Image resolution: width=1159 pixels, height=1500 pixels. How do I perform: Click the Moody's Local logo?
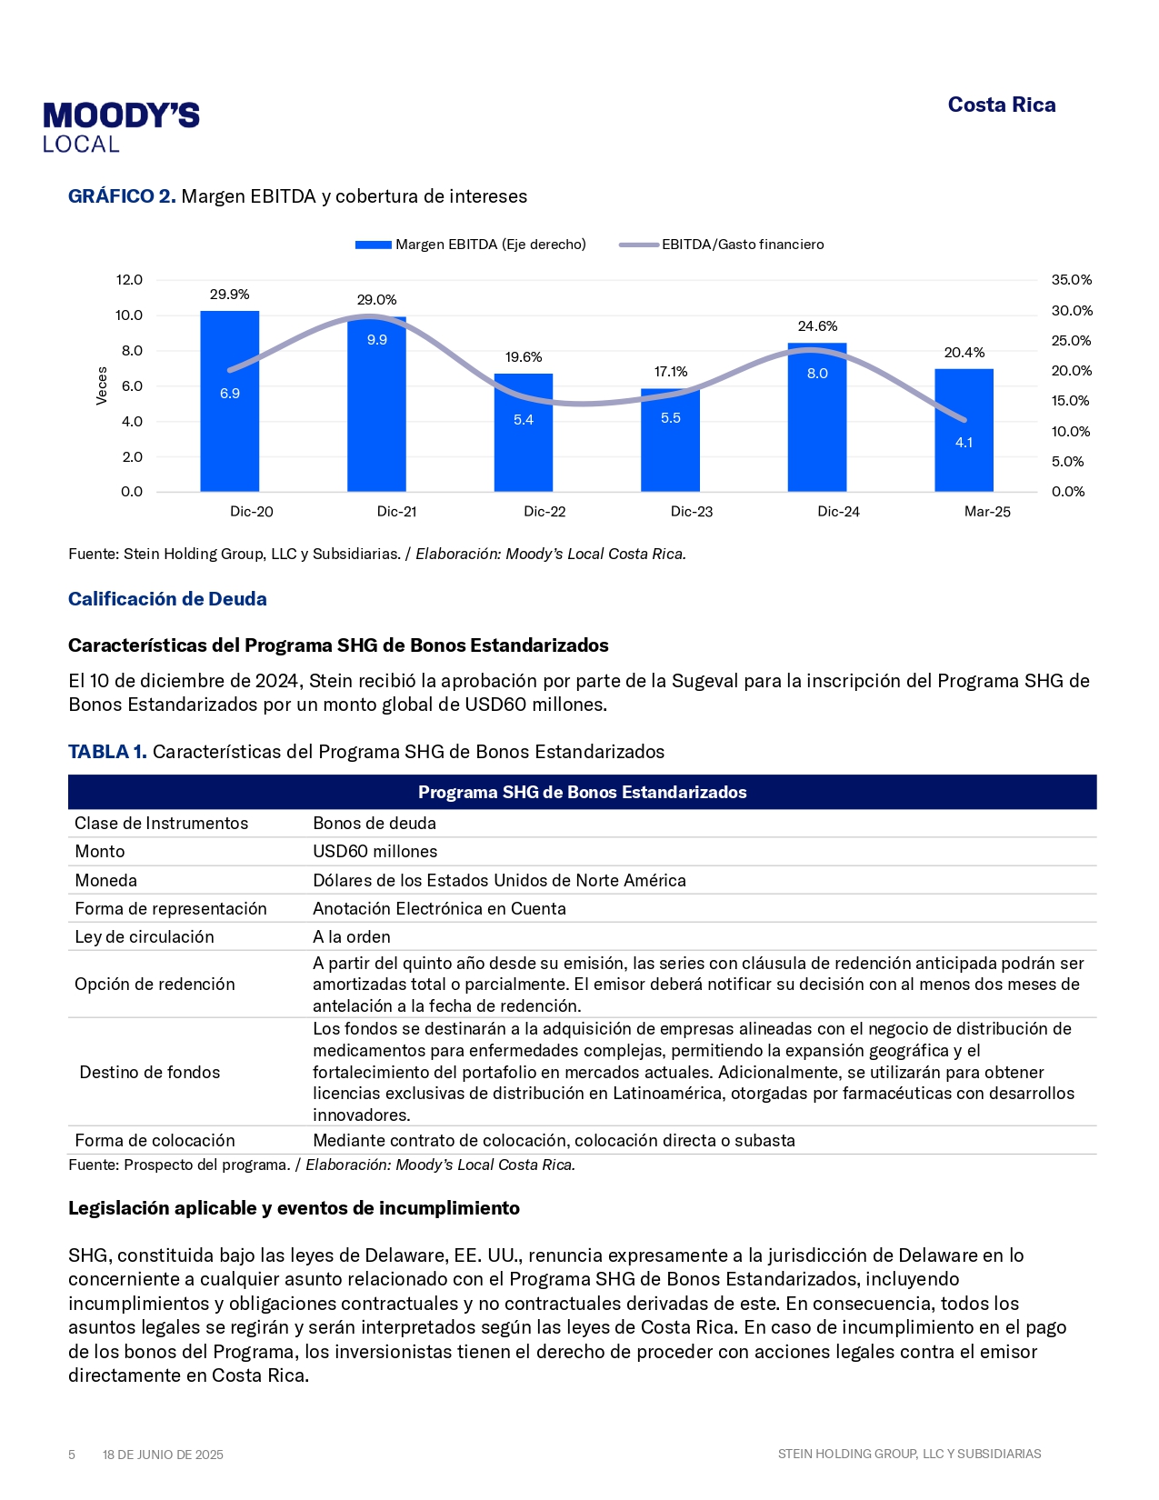tap(121, 127)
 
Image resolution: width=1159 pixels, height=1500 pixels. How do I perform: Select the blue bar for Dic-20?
tap(229, 427)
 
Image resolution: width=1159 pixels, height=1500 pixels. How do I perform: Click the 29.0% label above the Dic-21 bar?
tap(376, 300)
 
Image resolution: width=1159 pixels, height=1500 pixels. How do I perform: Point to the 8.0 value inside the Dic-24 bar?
tap(817, 374)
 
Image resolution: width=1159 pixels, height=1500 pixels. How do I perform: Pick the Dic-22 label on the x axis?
tap(545, 512)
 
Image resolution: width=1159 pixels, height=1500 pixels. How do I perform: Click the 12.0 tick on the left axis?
tap(129, 280)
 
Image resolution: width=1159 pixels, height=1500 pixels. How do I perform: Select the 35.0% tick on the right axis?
tap(1072, 280)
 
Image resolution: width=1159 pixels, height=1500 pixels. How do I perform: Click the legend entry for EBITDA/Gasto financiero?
tap(742, 245)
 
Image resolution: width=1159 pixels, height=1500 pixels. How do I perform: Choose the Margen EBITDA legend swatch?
tap(373, 245)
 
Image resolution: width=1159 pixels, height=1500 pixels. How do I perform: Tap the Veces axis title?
tap(102, 385)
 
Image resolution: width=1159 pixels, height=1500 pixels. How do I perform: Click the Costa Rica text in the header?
tap(1002, 105)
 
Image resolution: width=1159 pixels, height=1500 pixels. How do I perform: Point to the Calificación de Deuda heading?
tap(167, 599)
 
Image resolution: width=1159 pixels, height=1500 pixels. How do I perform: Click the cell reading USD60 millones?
tap(375, 852)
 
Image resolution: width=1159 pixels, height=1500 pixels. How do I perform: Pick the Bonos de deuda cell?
tap(375, 824)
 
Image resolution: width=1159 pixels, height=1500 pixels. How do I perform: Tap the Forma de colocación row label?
tap(155, 1141)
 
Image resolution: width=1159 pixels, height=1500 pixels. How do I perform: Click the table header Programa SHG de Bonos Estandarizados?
tap(582, 793)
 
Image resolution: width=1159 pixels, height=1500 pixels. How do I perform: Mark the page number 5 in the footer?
tap(72, 1455)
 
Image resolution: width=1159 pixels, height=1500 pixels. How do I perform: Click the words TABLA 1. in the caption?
tap(107, 752)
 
